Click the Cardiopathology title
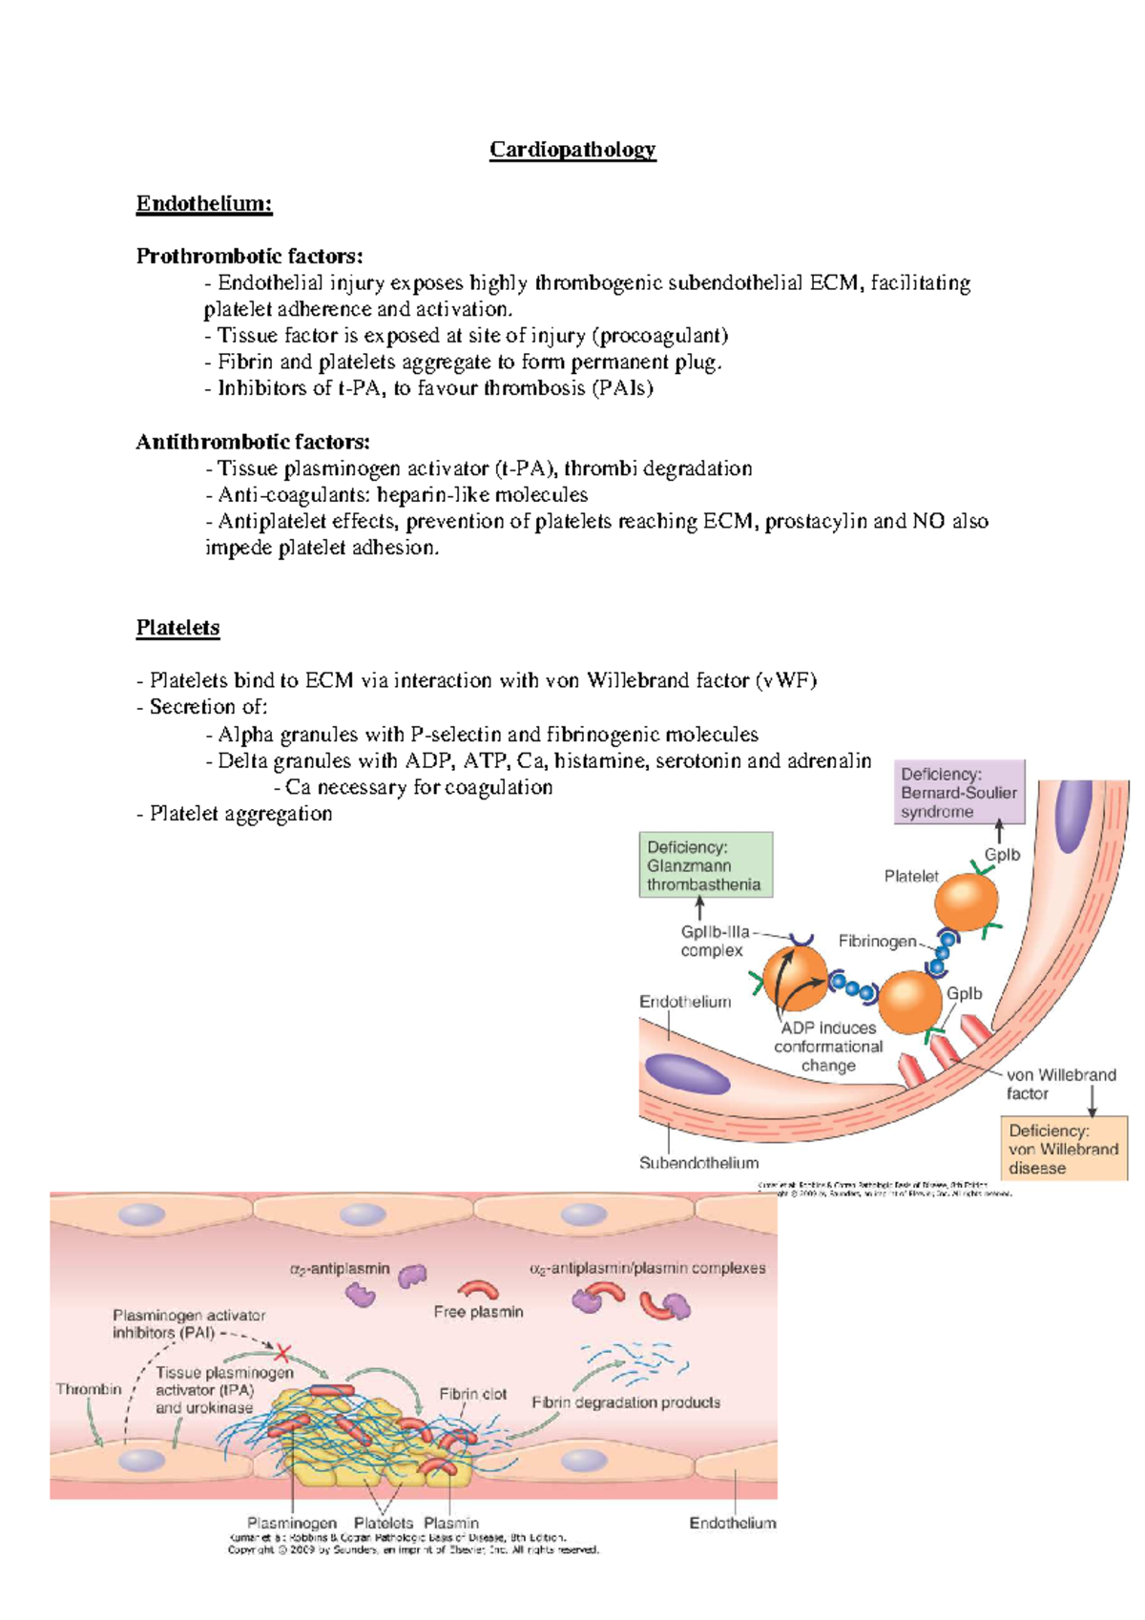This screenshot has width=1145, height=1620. [x=572, y=150]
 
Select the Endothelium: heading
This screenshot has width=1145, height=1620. [x=203, y=203]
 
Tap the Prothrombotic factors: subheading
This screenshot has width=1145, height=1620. [x=249, y=256]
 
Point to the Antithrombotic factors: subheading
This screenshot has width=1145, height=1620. [x=253, y=442]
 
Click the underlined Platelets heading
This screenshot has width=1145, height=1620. [x=177, y=628]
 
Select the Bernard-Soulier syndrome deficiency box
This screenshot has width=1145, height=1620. [x=958, y=793]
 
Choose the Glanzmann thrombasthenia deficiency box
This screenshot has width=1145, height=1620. [x=704, y=865]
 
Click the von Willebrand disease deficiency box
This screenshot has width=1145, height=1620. [x=1063, y=1149]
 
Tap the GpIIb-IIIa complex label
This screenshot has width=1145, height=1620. [x=714, y=941]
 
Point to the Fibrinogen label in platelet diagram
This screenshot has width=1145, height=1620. [x=877, y=942]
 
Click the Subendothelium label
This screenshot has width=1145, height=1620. [x=698, y=1163]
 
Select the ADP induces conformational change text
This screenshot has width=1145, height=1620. [x=828, y=1047]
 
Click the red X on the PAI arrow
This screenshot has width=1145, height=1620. [x=282, y=1352]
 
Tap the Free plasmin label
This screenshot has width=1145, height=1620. [x=478, y=1312]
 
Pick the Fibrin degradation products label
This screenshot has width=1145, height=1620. [x=625, y=1402]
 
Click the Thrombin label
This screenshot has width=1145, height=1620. [x=89, y=1389]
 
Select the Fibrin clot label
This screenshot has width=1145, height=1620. [x=472, y=1394]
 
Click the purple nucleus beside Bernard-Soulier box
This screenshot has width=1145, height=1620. [x=1072, y=817]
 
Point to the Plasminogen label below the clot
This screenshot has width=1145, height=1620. [x=292, y=1523]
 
